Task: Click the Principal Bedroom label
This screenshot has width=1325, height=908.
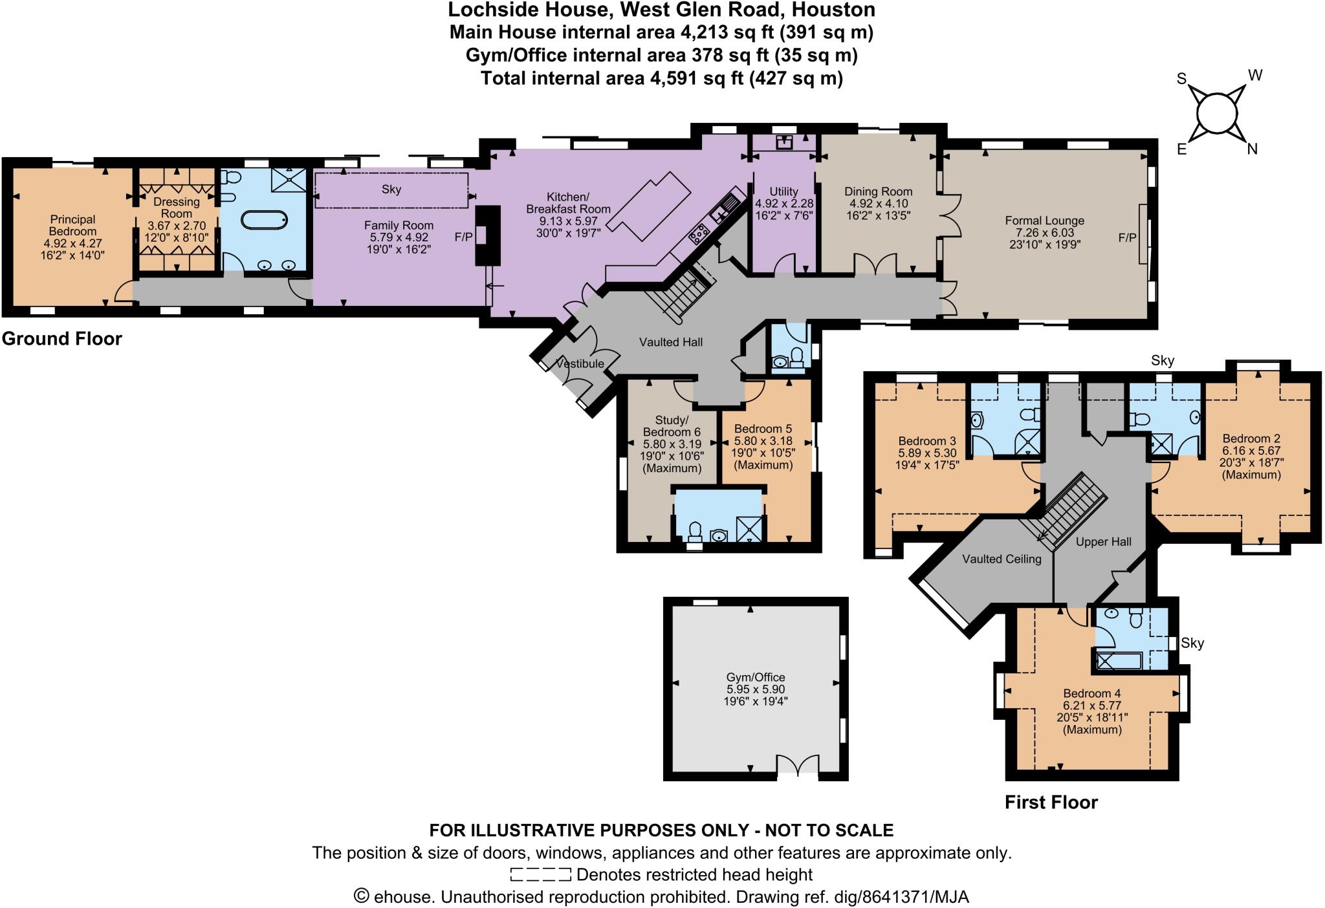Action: pyautogui.click(x=72, y=226)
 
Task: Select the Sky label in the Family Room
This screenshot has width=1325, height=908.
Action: pyautogui.click(x=391, y=189)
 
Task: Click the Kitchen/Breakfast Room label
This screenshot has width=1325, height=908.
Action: pyautogui.click(x=568, y=202)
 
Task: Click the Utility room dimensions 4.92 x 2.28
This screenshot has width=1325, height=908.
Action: pyautogui.click(x=784, y=204)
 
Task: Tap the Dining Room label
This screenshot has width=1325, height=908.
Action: pyautogui.click(x=878, y=191)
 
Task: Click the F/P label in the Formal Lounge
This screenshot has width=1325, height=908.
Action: pyautogui.click(x=1127, y=238)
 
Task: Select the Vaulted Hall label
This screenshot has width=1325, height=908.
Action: pyautogui.click(x=670, y=342)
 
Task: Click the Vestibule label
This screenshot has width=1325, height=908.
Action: pyautogui.click(x=580, y=364)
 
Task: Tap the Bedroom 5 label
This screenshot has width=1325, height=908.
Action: pyautogui.click(x=763, y=429)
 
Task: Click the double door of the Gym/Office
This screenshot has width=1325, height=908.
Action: pyautogui.click(x=798, y=765)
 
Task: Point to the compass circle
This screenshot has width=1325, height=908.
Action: pyautogui.click(x=1216, y=115)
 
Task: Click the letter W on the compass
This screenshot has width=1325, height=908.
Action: pyautogui.click(x=1254, y=76)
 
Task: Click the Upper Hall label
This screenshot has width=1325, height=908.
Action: pyautogui.click(x=1103, y=542)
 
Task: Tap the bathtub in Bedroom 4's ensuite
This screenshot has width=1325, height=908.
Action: pyautogui.click(x=1120, y=660)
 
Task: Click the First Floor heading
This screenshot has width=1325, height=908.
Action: pyautogui.click(x=1051, y=803)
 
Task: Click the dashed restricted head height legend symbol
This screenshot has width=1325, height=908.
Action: pyautogui.click(x=540, y=875)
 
